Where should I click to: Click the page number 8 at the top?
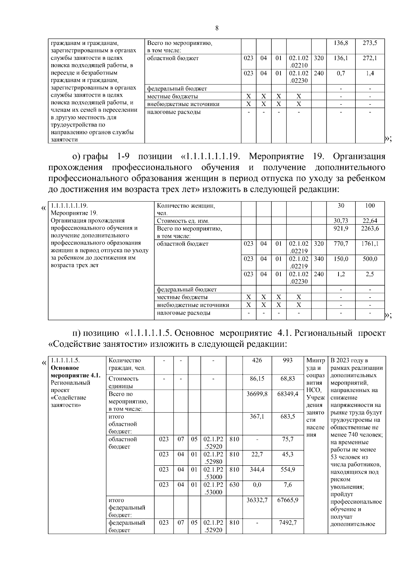217,28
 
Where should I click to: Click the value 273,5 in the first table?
370,43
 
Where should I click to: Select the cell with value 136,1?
341,58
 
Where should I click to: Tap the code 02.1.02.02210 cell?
298,61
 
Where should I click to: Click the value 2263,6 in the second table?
370,229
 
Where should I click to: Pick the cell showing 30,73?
341,221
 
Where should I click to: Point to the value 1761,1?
370,244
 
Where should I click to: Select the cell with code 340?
318,259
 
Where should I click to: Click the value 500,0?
370,259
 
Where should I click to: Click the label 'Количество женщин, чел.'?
186,209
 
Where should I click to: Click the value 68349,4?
288,394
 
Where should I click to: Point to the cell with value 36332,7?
257,500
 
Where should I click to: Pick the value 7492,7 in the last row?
288,523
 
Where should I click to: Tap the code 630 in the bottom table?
234,485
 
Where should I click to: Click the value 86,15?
257,379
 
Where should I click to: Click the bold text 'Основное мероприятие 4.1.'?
75,372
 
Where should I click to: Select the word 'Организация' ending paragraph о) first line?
359,157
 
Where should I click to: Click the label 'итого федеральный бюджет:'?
127,507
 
